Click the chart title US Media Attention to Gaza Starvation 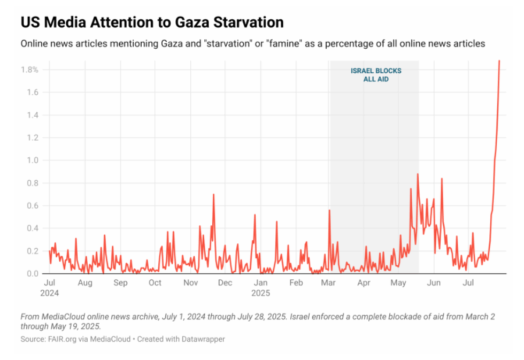tap(152, 22)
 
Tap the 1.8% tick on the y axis tap(29, 70)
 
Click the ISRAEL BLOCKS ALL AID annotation tap(375, 75)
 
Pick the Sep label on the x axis tap(120, 283)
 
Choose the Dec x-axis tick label tap(225, 283)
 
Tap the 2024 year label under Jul tap(49, 293)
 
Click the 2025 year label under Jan tap(261, 293)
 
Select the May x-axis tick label tap(398, 283)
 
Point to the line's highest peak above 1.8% tap(499, 61)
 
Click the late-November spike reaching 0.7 tap(213, 195)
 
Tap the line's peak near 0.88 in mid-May tap(417, 174)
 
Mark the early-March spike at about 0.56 tap(329, 210)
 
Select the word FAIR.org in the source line tap(61, 339)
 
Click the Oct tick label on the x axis tap(155, 283)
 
